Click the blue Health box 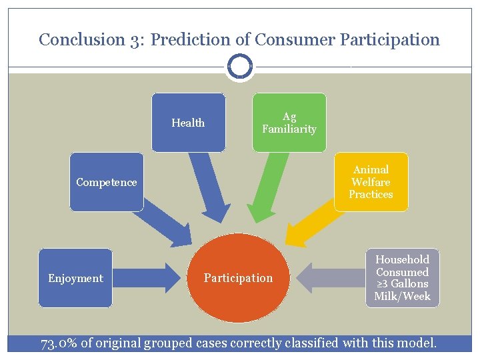[x=188, y=123]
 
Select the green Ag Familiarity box [x=289, y=123]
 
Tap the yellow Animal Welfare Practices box [x=371, y=182]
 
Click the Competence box [x=107, y=182]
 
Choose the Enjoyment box [x=75, y=278]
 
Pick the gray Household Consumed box [x=402, y=278]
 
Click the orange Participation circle [x=238, y=278]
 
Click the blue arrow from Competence [x=167, y=223]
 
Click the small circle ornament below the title [x=239, y=66]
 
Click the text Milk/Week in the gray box [x=402, y=296]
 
